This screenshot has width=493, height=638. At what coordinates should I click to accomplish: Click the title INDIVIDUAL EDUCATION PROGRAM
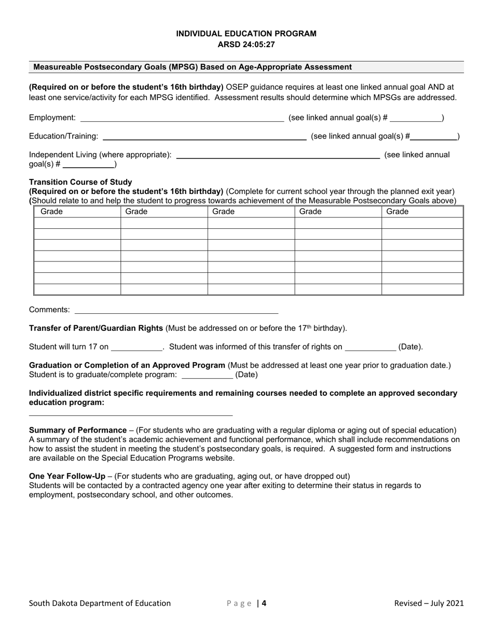pyautogui.click(x=246, y=34)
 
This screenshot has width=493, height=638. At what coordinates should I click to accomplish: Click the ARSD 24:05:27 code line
pyautogui.click(x=246, y=45)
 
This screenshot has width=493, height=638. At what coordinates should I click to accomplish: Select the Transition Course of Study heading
pyautogui.click(x=80, y=182)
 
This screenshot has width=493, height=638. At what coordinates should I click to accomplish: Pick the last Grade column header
pyautogui.click(x=398, y=212)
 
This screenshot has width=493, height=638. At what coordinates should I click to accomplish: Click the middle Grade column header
pyautogui.click(x=224, y=212)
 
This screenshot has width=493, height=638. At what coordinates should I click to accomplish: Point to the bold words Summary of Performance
pyautogui.click(x=78, y=431)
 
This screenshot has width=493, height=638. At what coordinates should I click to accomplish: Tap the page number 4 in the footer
pyautogui.click(x=264, y=603)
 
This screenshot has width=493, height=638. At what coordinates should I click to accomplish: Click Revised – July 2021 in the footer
pyautogui.click(x=429, y=603)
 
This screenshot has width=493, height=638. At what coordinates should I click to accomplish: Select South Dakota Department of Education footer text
pyautogui.click(x=100, y=603)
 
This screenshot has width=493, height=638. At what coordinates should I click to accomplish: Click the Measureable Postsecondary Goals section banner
pyautogui.click(x=193, y=67)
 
